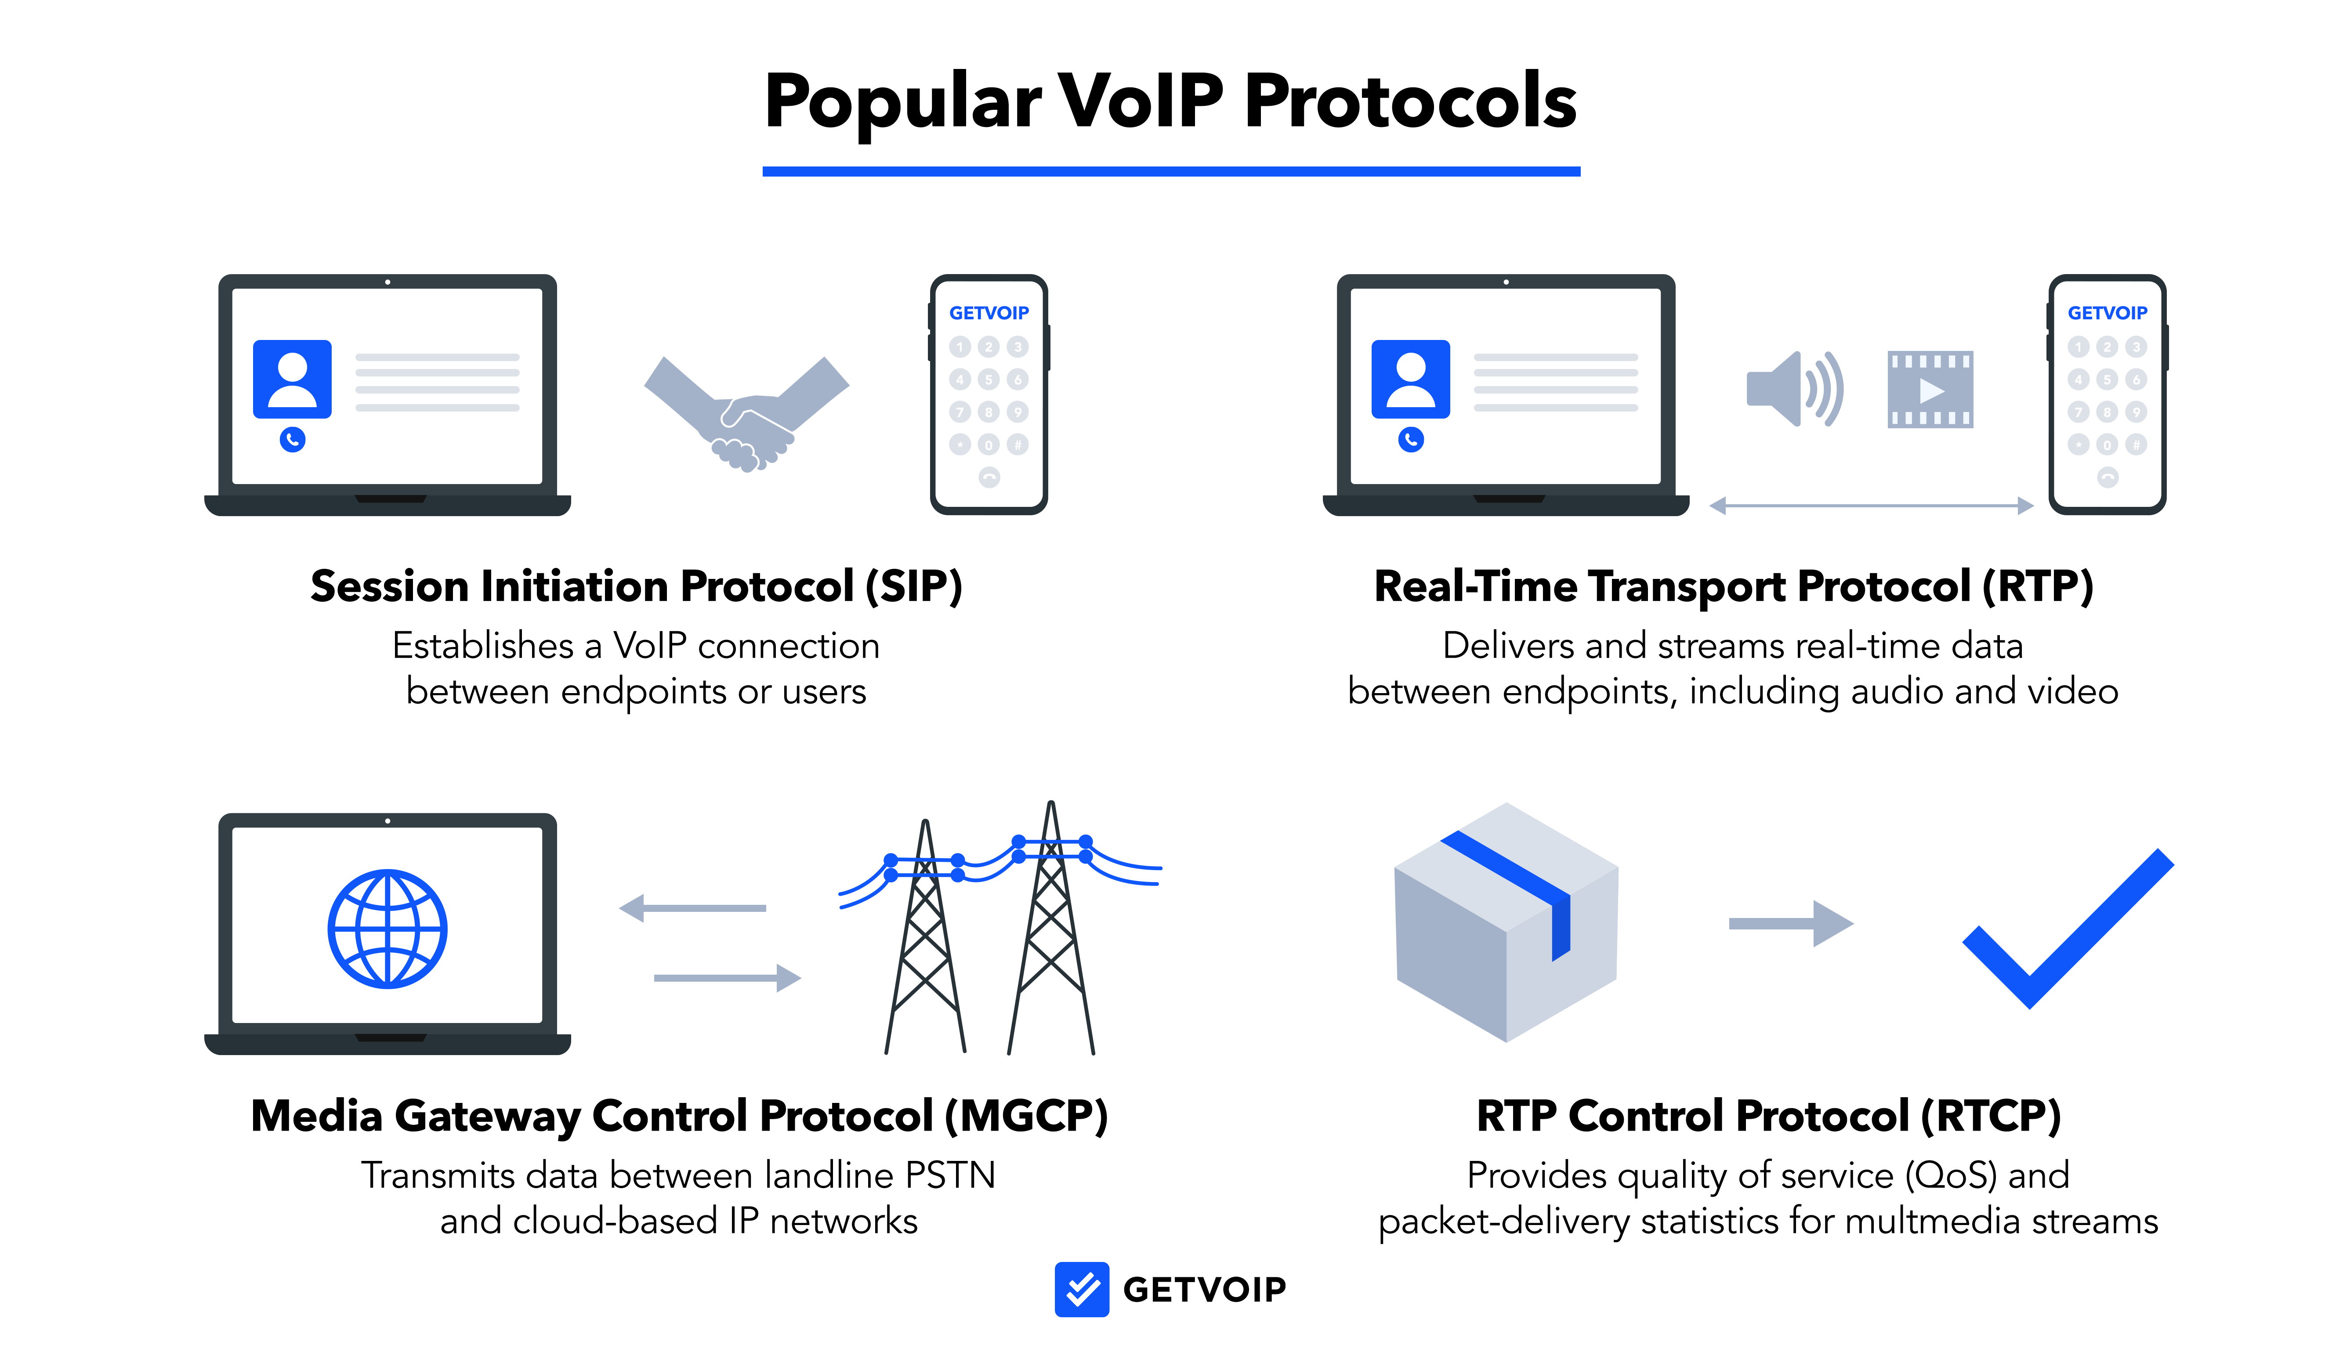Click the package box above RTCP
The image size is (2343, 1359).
pos(1506,922)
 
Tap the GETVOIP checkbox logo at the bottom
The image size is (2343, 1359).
pos(1081,1289)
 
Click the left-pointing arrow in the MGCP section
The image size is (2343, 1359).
pos(693,908)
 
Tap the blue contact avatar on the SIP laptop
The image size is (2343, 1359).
pos(292,379)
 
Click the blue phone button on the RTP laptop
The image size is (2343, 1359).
pos(1410,440)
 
